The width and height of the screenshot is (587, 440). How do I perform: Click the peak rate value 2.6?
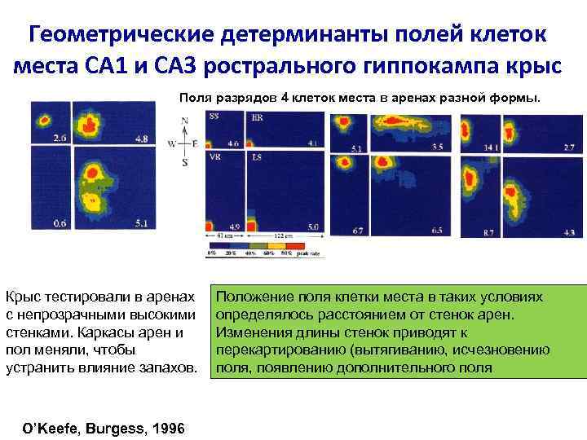(60, 139)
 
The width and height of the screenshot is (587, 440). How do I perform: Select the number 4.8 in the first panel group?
(141, 139)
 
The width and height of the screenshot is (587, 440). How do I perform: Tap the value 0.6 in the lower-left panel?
(60, 222)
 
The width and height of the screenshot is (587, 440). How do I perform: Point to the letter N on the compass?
(185, 121)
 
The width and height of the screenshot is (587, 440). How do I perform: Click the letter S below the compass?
(185, 163)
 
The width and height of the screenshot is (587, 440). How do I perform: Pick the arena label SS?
(214, 117)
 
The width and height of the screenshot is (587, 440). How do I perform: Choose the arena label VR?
(215, 156)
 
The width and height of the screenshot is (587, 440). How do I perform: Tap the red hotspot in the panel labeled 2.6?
(42, 120)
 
